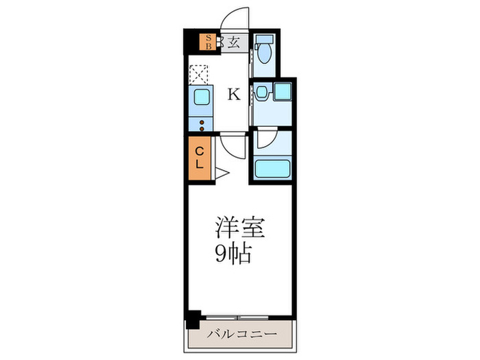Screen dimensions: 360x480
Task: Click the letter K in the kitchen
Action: (x=234, y=95)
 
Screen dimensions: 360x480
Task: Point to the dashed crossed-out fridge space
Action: (x=200, y=75)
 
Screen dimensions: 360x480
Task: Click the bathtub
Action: (x=272, y=169)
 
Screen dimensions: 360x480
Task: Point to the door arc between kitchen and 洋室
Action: (x=232, y=146)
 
